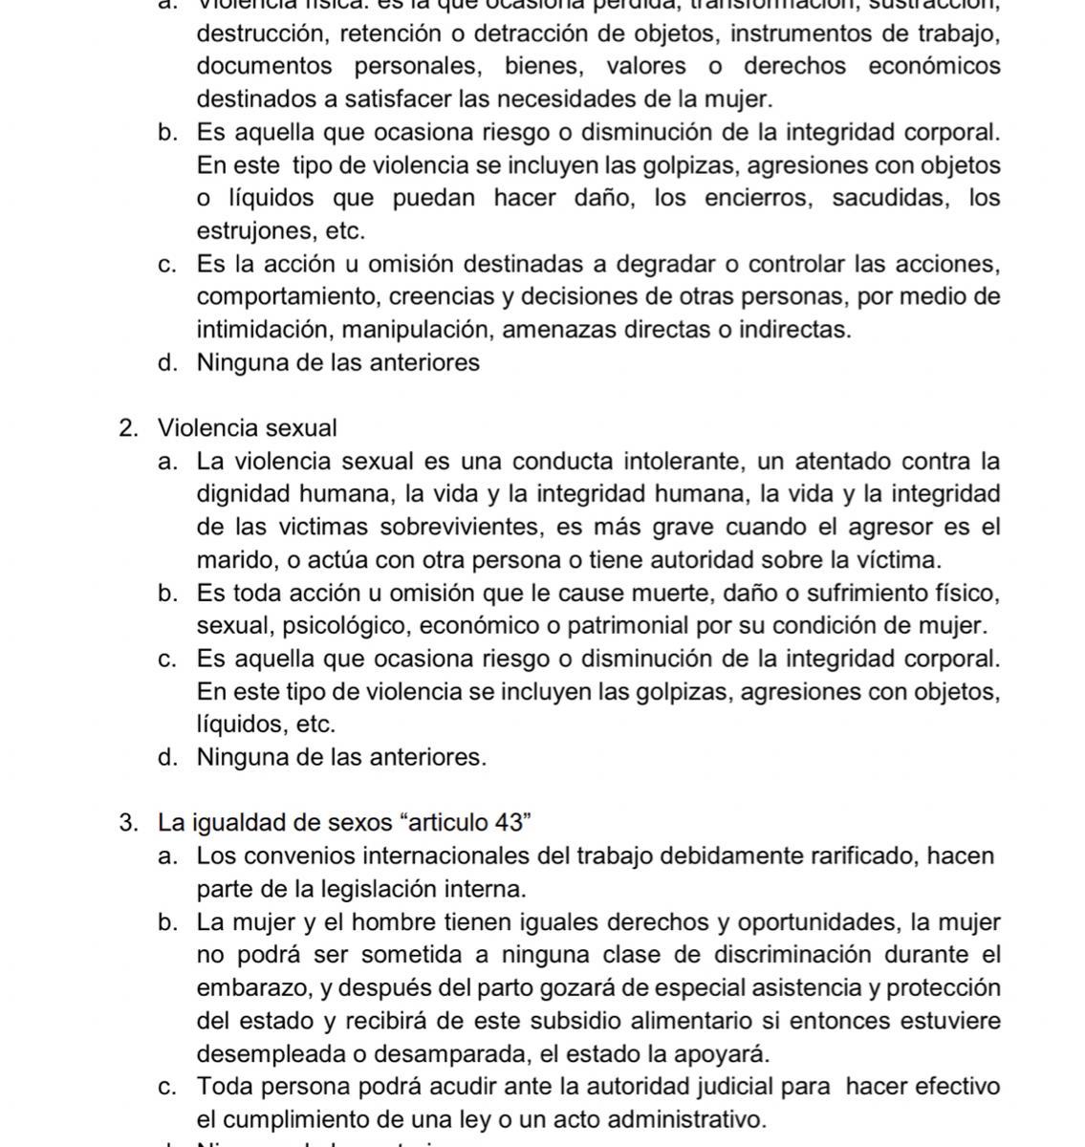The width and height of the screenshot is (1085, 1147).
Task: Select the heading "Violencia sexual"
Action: click(248, 428)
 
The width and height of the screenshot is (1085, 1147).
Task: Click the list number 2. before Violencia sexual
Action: click(130, 428)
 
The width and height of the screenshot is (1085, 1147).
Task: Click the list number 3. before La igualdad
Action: click(130, 823)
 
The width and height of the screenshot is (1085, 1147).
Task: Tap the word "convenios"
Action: click(293, 855)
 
